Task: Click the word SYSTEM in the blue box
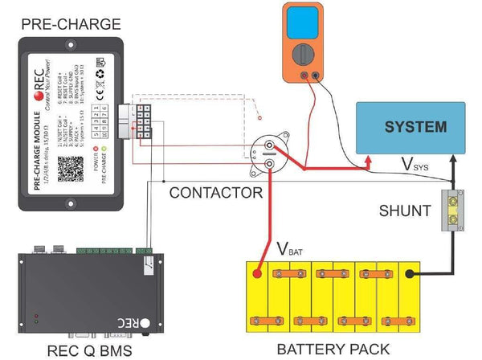click(x=415, y=127)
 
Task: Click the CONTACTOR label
click(x=215, y=193)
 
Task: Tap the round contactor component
click(x=265, y=153)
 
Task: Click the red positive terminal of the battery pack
click(x=258, y=273)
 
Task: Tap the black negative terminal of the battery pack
click(x=411, y=274)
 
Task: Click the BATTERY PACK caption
click(x=333, y=348)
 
